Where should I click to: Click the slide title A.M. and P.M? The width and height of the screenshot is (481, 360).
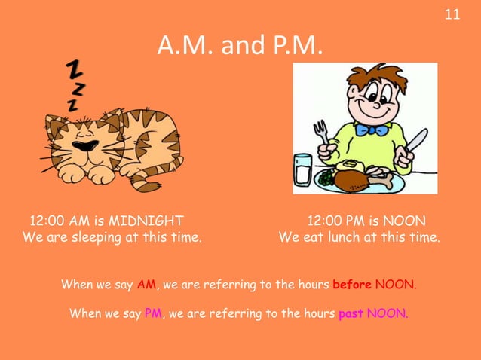(240, 47)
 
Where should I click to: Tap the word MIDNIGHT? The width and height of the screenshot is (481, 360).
(146, 221)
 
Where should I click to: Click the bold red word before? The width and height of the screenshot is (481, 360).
(351, 285)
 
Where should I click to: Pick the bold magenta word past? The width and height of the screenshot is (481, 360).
(351, 314)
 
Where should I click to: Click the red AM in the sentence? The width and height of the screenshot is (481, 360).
(146, 285)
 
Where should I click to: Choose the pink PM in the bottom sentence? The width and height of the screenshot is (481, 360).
(154, 314)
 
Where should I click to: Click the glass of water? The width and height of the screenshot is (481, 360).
(303, 170)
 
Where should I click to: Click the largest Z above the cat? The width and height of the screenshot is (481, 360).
(75, 69)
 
